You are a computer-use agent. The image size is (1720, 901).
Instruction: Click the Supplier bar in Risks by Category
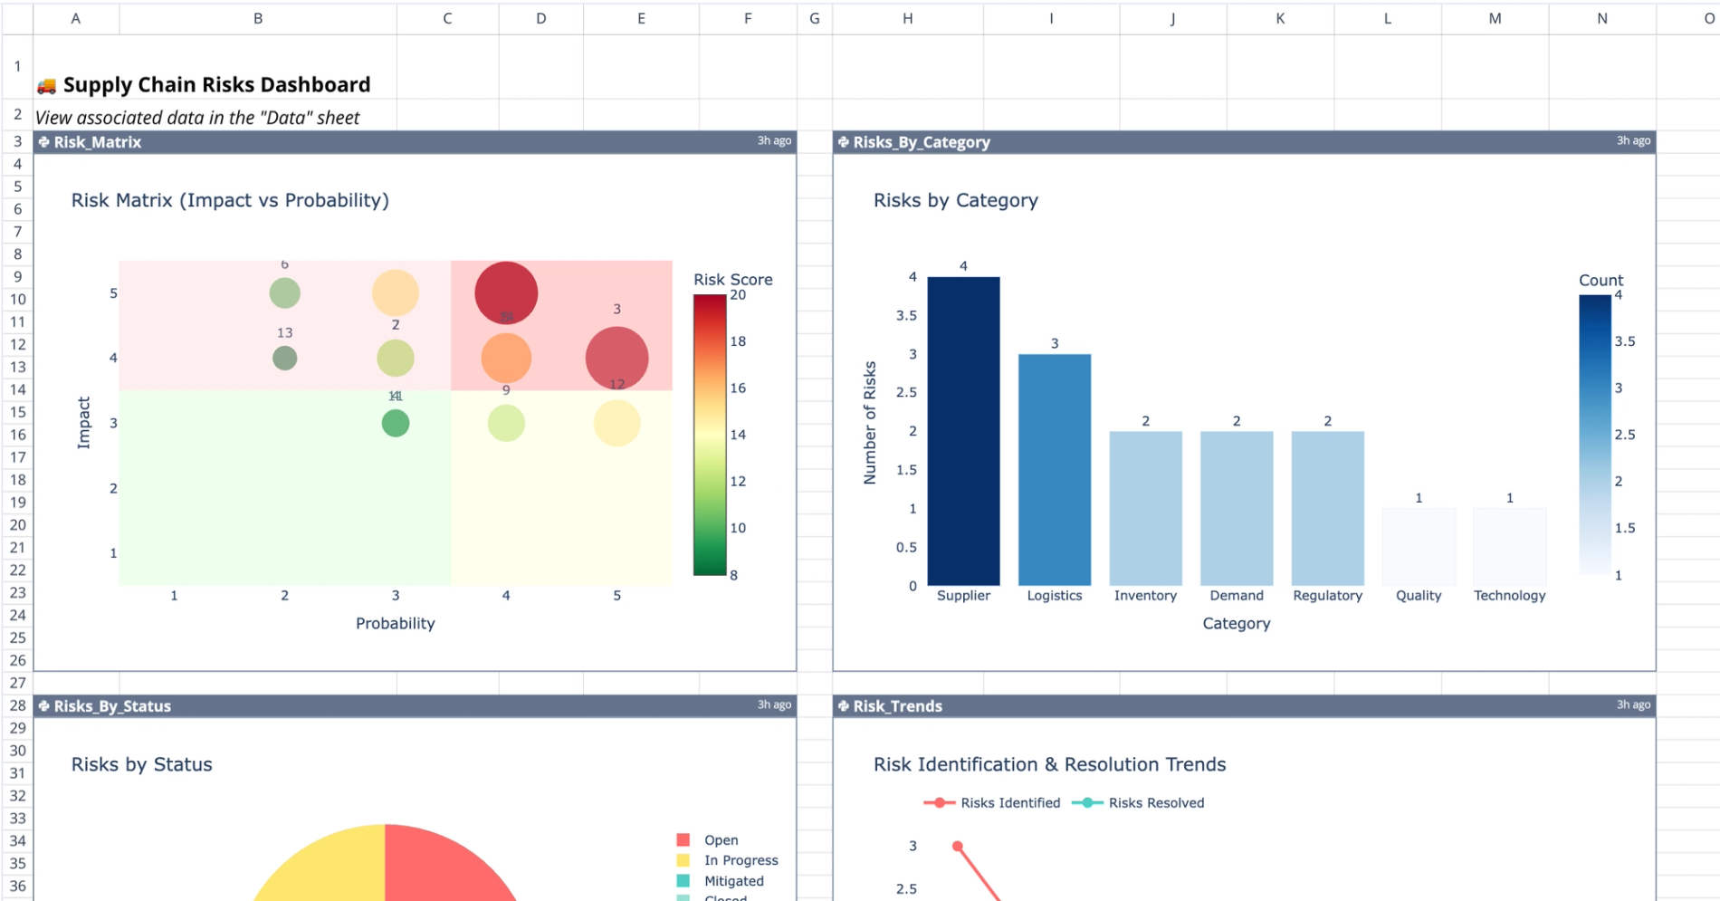pyautogui.click(x=963, y=431)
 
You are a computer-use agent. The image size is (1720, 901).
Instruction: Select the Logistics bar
pyautogui.click(x=1054, y=469)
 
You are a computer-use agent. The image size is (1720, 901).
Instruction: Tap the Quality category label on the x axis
pyautogui.click(x=1418, y=596)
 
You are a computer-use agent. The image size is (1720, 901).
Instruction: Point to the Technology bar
pyautogui.click(x=1509, y=546)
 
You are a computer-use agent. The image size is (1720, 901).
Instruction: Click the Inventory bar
pyautogui.click(x=1145, y=508)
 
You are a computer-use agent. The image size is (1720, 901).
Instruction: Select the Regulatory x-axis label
pyautogui.click(x=1327, y=596)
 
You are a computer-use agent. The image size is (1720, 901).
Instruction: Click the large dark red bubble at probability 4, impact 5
pyautogui.click(x=506, y=293)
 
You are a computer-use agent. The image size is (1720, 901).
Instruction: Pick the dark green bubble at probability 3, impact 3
pyautogui.click(x=396, y=423)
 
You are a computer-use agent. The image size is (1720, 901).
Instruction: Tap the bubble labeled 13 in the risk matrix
pyautogui.click(x=284, y=358)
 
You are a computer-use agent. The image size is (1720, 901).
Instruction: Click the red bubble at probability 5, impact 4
pyautogui.click(x=616, y=358)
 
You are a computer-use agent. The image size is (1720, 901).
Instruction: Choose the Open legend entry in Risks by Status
pyautogui.click(x=720, y=840)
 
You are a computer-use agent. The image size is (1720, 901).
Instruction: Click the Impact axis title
pyautogui.click(x=84, y=423)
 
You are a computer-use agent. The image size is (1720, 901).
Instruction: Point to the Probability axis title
pyautogui.click(x=395, y=624)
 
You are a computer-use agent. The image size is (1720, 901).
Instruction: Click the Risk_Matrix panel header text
pyautogui.click(x=97, y=142)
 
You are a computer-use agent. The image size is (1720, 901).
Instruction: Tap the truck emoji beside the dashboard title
pyautogui.click(x=46, y=86)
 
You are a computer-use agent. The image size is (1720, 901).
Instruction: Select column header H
pyautogui.click(x=907, y=18)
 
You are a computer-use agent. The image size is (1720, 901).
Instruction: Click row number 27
pyautogui.click(x=17, y=683)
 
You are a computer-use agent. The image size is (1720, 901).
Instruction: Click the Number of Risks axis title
pyautogui.click(x=870, y=423)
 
